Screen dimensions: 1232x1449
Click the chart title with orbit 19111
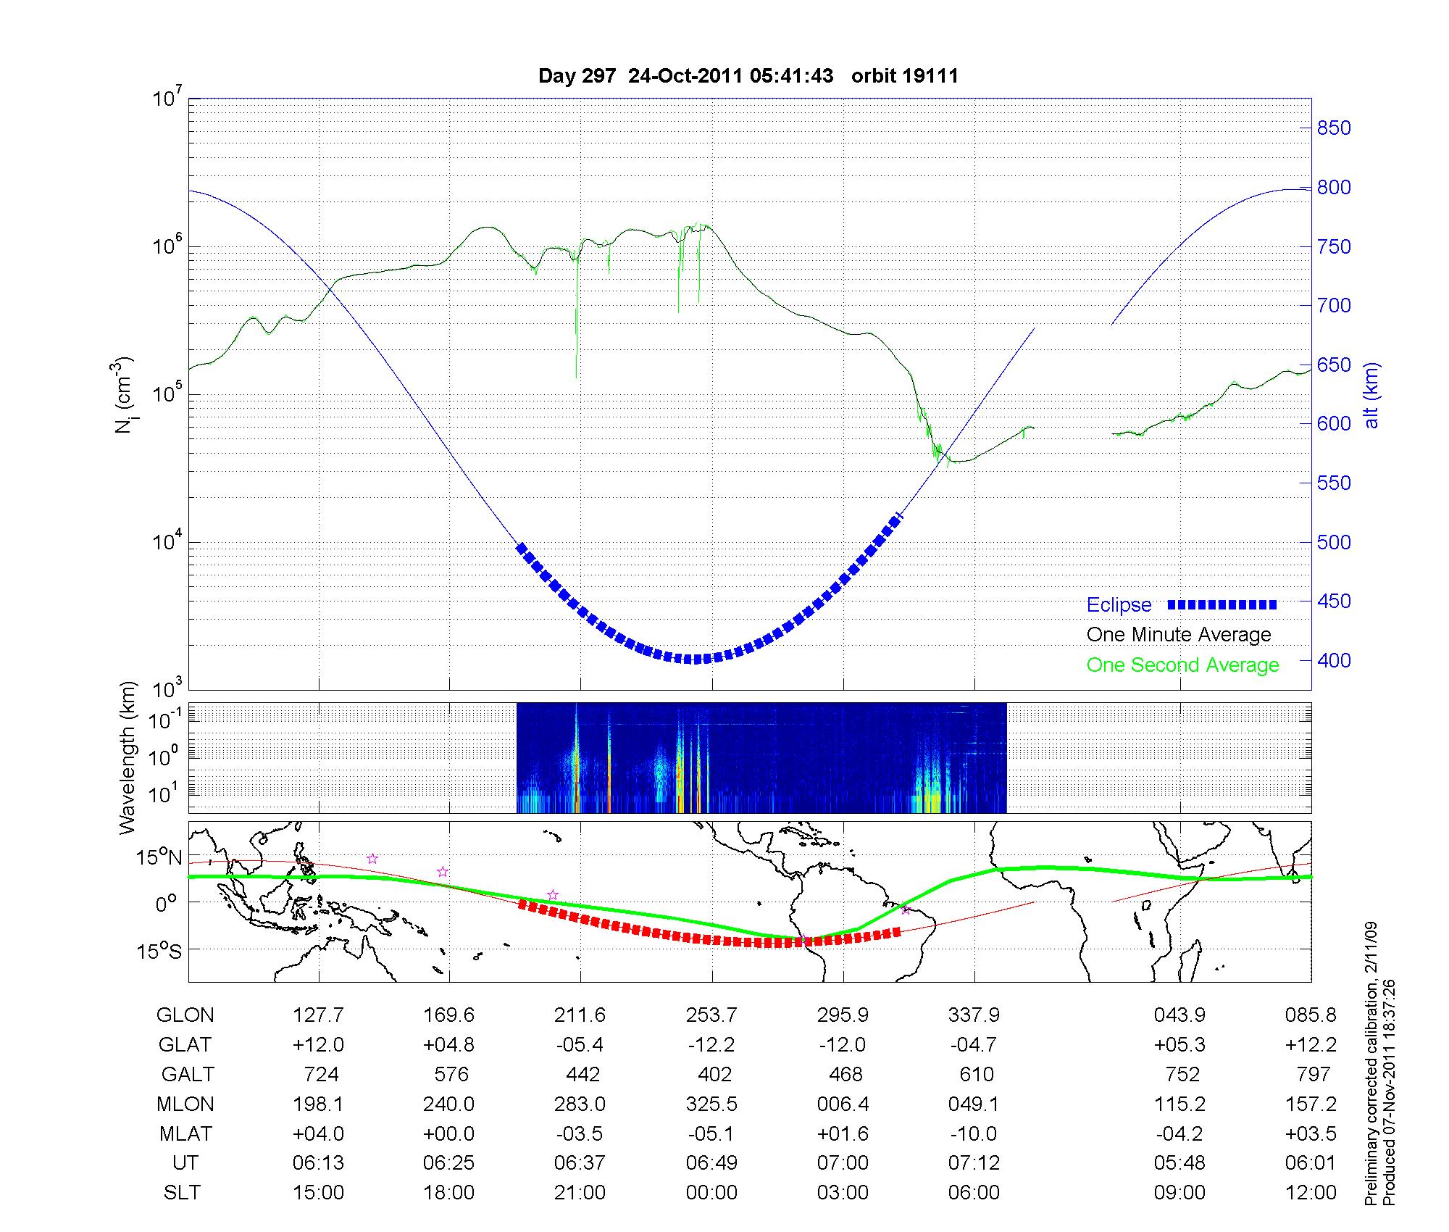coord(748,76)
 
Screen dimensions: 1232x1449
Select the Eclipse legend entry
coord(1119,605)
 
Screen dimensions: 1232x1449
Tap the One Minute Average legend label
coord(1179,635)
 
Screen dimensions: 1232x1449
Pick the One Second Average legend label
coord(1182,665)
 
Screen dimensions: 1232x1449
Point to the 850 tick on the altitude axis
coord(1334,128)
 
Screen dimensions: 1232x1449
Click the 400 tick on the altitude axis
coord(1334,660)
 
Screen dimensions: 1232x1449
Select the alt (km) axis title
coord(1371,395)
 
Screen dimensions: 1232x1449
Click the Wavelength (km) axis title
coord(128,757)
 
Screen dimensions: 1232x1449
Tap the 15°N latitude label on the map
coord(160,858)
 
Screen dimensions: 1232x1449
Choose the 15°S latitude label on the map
coord(160,950)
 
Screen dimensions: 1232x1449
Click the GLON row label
coord(185,1015)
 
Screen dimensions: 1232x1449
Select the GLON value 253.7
coord(711,1015)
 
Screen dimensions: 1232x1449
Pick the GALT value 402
coord(714,1074)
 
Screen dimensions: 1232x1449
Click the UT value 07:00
coord(843,1163)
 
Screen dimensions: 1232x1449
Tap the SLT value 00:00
coord(711,1193)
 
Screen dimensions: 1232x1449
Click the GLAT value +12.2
coord(1311,1045)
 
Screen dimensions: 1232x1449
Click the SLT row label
coord(182,1193)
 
